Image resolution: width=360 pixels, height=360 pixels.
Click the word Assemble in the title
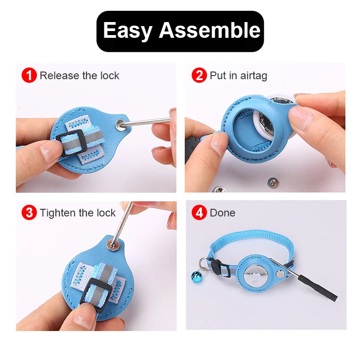(209, 31)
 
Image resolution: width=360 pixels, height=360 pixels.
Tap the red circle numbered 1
(29, 75)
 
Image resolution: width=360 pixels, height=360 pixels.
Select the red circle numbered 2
(199, 75)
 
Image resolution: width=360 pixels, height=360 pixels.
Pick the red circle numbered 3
(29, 212)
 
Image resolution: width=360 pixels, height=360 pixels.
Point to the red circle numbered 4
(199, 212)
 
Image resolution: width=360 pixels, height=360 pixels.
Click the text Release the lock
(79, 76)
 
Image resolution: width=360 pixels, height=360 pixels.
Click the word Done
(222, 213)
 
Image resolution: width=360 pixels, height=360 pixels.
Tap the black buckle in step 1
(72, 141)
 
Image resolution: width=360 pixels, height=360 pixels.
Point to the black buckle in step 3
(95, 292)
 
